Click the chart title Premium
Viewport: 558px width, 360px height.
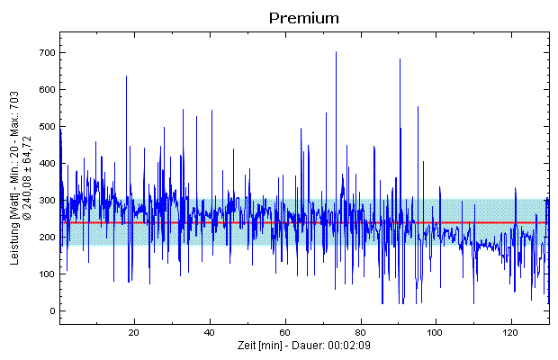tap(303, 18)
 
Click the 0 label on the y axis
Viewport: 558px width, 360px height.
tap(52, 311)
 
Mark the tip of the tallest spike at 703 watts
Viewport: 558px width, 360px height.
tap(336, 52)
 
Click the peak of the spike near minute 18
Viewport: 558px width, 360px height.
tap(127, 76)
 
